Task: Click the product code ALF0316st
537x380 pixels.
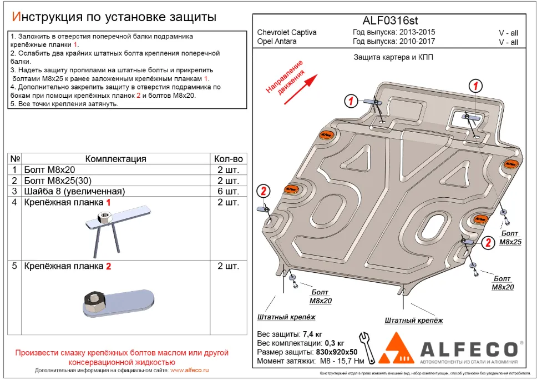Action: pyautogui.click(x=387, y=21)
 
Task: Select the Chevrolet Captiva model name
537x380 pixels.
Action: pyautogui.click(x=287, y=32)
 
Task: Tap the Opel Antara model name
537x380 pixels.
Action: pyautogui.click(x=277, y=41)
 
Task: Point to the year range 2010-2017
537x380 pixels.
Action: pyautogui.click(x=417, y=41)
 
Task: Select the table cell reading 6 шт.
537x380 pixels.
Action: pyautogui.click(x=227, y=191)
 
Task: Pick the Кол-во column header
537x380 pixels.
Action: pyautogui.click(x=227, y=159)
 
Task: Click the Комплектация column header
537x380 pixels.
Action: pyautogui.click(x=115, y=159)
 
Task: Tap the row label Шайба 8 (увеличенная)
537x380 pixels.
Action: pyautogui.click(x=74, y=191)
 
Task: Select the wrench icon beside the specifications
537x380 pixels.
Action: pyautogui.click(x=367, y=345)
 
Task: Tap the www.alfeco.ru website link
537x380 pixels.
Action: pyautogui.click(x=189, y=370)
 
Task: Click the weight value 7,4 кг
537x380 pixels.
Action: pyautogui.click(x=312, y=334)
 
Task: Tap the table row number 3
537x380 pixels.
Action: pyautogui.click(x=14, y=191)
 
